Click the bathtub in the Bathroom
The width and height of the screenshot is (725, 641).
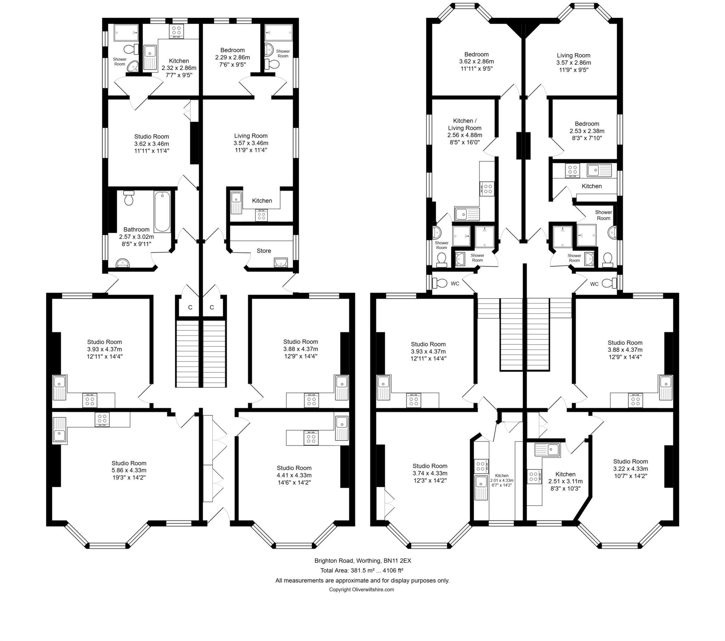click(162, 211)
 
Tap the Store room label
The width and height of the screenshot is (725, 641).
click(263, 251)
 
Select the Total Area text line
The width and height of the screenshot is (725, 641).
click(362, 571)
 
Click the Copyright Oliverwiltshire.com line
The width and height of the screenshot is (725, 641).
click(361, 590)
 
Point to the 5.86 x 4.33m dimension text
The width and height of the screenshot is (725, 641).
click(129, 470)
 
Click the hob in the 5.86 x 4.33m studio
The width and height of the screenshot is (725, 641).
click(102, 420)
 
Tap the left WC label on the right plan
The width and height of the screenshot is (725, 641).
click(455, 284)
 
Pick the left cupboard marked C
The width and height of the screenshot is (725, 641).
click(190, 307)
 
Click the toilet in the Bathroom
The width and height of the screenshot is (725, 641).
click(129, 198)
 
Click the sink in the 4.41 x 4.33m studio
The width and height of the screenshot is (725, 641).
click(342, 428)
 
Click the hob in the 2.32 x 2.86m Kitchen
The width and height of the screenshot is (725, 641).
click(176, 31)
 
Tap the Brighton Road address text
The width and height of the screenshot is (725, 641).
click(362, 561)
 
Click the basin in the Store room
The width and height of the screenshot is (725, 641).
click(280, 263)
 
